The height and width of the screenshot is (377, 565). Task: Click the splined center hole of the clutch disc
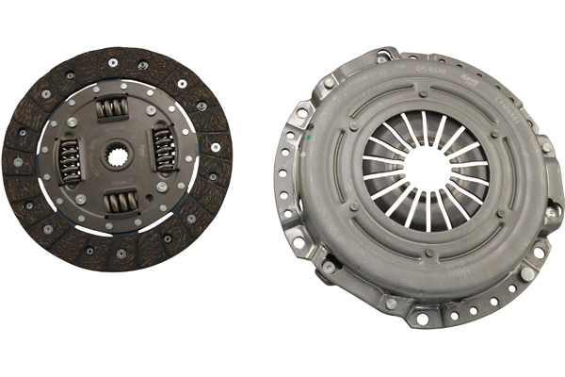[x=117, y=155]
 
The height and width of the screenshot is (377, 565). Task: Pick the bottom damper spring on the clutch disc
[x=121, y=200]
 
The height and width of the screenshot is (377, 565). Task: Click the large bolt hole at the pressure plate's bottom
[x=421, y=319]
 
